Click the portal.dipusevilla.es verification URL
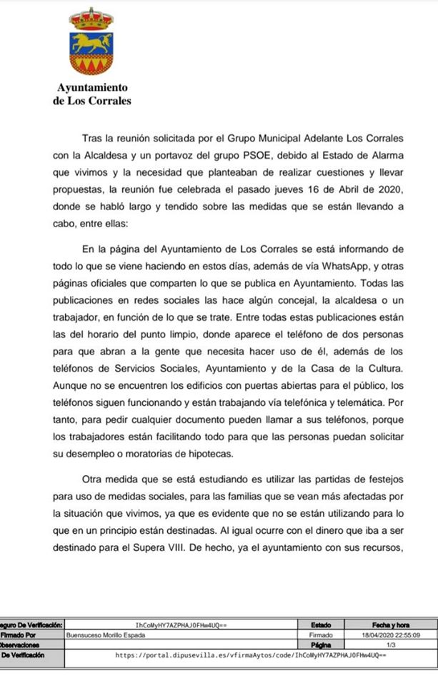point(250,655)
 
